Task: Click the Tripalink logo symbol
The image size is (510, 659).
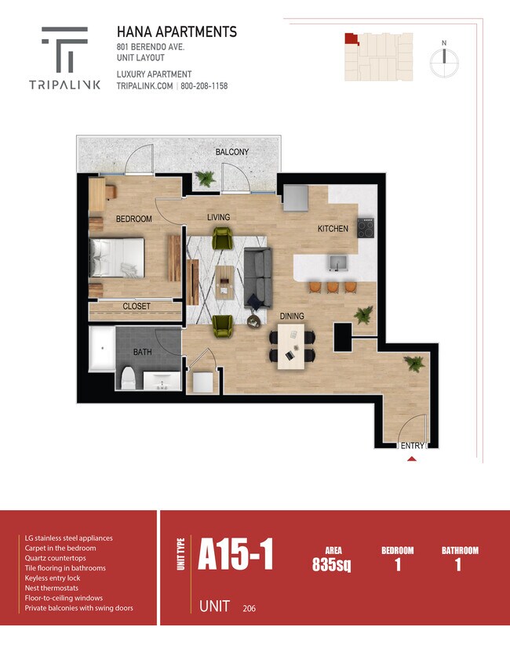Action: point(65,49)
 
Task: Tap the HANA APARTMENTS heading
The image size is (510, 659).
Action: point(177,32)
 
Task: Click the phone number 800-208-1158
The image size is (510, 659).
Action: point(204,86)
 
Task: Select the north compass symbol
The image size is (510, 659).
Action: point(444,60)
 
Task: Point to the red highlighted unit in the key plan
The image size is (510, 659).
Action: point(352,38)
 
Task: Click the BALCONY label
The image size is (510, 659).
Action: point(232,152)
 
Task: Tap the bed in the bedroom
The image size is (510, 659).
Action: point(117,258)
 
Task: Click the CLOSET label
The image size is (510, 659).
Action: point(137,306)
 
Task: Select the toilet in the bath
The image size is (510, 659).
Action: point(128,378)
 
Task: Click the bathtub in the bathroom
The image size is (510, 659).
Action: point(102,349)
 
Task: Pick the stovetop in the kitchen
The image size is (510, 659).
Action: point(366,228)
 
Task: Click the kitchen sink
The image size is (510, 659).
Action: point(337,263)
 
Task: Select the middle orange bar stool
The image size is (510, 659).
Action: point(333,287)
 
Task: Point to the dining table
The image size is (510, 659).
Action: point(291,346)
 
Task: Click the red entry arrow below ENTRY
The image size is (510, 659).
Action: point(412,458)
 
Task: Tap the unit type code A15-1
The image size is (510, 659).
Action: point(235,554)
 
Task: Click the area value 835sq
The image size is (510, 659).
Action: point(332,564)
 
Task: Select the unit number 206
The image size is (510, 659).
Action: point(249,608)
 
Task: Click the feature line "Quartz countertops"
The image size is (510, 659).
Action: point(55,558)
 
